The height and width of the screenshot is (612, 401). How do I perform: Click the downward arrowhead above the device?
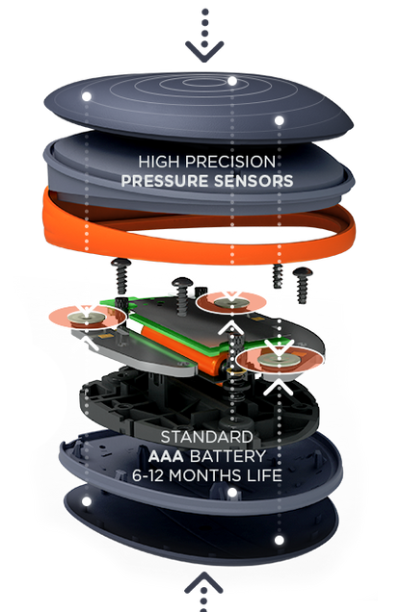coord(204,53)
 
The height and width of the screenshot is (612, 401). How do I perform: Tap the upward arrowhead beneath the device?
coord(203,583)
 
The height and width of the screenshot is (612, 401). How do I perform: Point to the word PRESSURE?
coord(164,181)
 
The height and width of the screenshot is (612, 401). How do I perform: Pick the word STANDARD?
coord(206,437)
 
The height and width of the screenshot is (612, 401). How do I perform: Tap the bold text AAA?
coord(166,456)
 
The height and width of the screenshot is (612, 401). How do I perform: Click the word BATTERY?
coord(227,456)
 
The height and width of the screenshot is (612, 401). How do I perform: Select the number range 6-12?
coord(147,475)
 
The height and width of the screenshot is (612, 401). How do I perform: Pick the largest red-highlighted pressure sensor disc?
coord(280,360)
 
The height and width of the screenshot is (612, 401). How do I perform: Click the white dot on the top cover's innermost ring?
coord(232,81)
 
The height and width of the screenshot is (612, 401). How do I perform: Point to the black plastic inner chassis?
coord(200,406)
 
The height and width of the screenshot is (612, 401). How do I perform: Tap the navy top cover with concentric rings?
coord(199,106)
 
